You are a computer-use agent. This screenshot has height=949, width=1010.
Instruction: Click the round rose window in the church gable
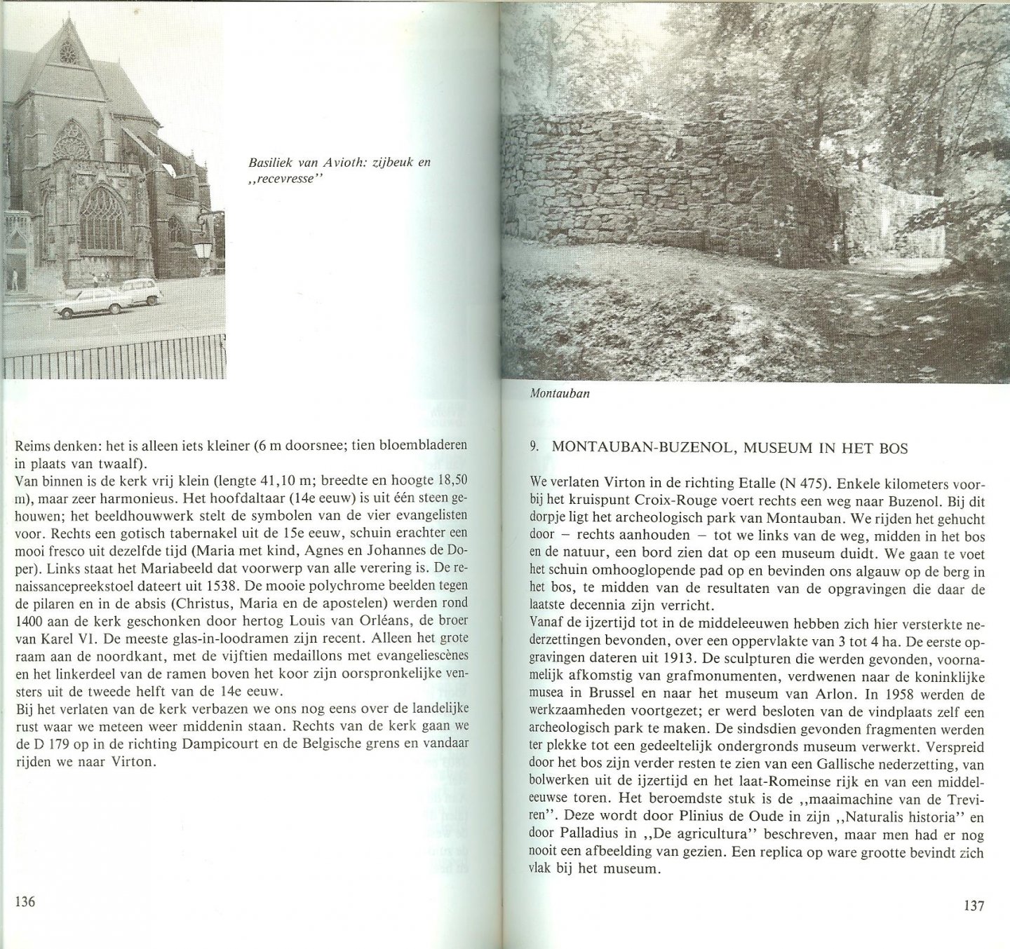(68, 52)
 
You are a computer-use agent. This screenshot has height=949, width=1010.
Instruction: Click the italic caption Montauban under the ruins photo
(560, 393)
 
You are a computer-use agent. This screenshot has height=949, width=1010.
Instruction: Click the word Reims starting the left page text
(32, 446)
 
